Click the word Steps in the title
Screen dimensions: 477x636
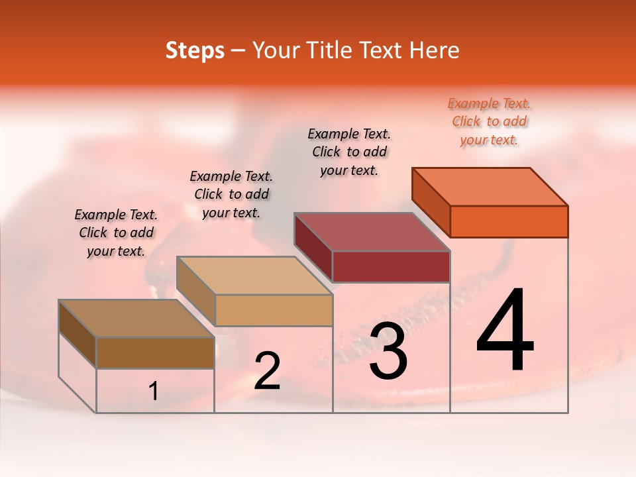tap(195, 50)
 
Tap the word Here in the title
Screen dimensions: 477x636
tap(433, 50)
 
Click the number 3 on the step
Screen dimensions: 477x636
tap(388, 351)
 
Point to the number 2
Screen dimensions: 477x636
tap(267, 371)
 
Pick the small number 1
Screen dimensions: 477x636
tap(154, 392)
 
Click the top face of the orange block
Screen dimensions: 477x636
tap(490, 186)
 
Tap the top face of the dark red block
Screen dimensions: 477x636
tap(372, 231)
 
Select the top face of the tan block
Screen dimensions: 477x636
tap(254, 275)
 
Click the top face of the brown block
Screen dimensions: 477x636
tap(136, 318)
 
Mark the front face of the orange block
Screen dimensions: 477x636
tap(509, 221)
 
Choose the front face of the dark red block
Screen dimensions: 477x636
tap(391, 266)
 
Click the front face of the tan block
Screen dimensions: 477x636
tap(273, 310)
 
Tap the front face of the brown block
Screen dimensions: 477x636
tap(155, 352)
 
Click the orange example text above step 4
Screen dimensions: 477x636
tap(489, 122)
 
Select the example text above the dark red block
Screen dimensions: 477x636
tap(349, 152)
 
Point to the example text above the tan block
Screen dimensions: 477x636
tap(231, 195)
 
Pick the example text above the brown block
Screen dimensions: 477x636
tap(116, 233)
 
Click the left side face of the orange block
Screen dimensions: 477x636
tap(431, 201)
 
